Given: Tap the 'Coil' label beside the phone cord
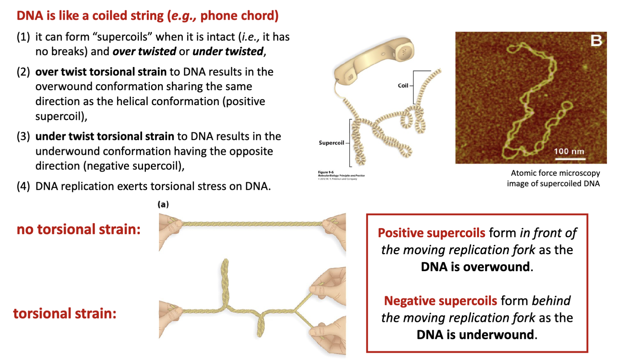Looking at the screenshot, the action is (x=403, y=85).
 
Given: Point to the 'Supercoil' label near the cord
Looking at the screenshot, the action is (x=331, y=143).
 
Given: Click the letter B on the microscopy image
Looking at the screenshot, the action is (x=596, y=41).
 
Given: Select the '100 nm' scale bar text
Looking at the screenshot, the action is (x=569, y=151).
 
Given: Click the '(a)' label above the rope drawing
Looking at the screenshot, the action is (x=163, y=204).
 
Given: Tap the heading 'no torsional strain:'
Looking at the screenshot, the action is (x=79, y=229).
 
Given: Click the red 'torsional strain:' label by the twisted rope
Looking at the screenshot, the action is (x=65, y=313).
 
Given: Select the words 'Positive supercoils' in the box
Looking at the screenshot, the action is (x=431, y=233).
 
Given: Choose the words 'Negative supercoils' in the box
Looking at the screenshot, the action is (x=440, y=300).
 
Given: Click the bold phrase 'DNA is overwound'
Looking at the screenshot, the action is (x=475, y=267).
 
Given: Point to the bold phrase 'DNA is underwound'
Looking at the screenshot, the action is (x=475, y=334).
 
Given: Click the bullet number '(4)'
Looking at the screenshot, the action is (x=23, y=186).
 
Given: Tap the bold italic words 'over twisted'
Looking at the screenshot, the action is (x=144, y=51).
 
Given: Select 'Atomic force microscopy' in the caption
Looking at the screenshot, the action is (x=555, y=173).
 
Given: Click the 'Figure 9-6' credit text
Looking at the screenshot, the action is (x=326, y=172).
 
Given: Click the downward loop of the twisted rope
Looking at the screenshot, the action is (x=261, y=325).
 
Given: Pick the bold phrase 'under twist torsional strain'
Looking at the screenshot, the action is (x=105, y=136).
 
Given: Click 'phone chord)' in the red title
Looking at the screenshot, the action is (x=239, y=16).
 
